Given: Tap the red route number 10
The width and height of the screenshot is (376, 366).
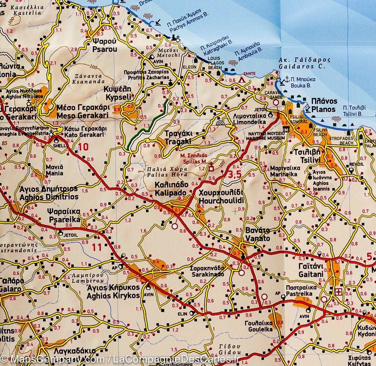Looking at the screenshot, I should pos(84,147).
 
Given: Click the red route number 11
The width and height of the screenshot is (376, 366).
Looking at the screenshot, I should pos(97,248).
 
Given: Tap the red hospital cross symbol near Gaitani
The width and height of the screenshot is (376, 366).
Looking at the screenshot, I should pos(338,292).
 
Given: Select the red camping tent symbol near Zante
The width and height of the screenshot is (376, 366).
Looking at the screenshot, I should pos(242,80).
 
